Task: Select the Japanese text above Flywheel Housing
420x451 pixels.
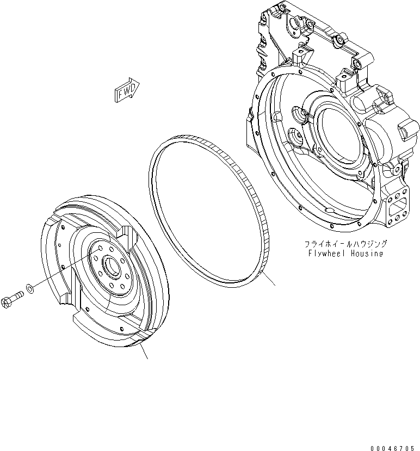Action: (346, 244)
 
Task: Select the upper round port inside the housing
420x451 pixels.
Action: (299, 115)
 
